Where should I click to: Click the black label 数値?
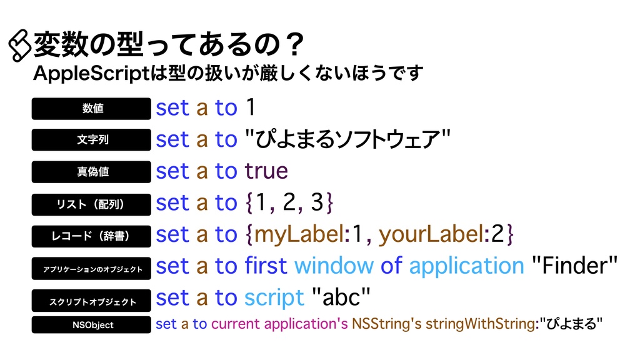click(x=92, y=108)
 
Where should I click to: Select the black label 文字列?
click(x=92, y=139)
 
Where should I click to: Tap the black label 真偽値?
click(x=92, y=171)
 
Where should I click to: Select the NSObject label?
click(x=92, y=325)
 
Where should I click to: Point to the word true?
click(x=266, y=171)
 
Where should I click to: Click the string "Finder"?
click(x=574, y=266)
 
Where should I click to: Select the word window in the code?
click(x=334, y=266)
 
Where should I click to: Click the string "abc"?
click(x=341, y=298)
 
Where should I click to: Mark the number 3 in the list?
click(x=317, y=203)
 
